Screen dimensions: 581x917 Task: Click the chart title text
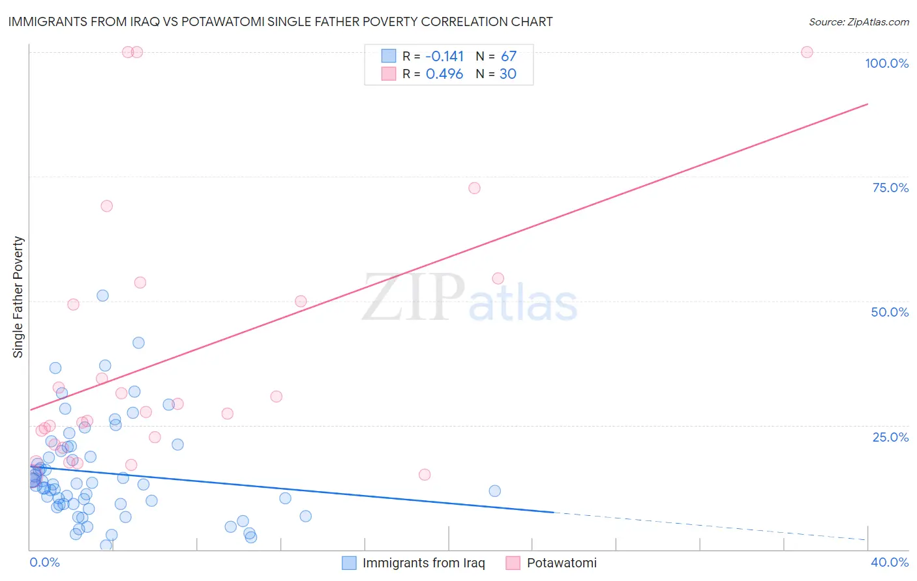click(280, 22)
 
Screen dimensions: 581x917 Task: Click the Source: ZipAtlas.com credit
click(858, 22)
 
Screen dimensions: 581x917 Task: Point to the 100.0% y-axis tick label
click(886, 63)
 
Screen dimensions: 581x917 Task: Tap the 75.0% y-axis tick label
click(890, 188)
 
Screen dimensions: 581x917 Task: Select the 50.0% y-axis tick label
click(890, 312)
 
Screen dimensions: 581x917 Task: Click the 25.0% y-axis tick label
click(890, 437)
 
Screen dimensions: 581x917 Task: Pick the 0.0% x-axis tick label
click(44, 562)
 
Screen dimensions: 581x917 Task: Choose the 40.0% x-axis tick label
click(889, 562)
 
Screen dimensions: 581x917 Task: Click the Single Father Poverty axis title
click(18, 297)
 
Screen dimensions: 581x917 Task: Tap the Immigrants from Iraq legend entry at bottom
click(414, 563)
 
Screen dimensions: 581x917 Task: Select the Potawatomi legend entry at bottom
click(552, 563)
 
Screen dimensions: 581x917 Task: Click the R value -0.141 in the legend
click(444, 57)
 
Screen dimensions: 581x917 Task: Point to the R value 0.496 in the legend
click(444, 74)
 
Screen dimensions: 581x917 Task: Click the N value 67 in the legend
click(508, 57)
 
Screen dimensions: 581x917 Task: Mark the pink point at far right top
click(807, 52)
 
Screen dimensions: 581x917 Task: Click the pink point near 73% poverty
click(474, 188)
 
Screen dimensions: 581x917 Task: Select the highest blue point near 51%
click(102, 296)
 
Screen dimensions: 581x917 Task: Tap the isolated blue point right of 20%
click(494, 491)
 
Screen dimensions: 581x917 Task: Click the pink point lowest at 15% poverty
click(425, 475)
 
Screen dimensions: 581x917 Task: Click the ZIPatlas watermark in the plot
click(470, 298)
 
